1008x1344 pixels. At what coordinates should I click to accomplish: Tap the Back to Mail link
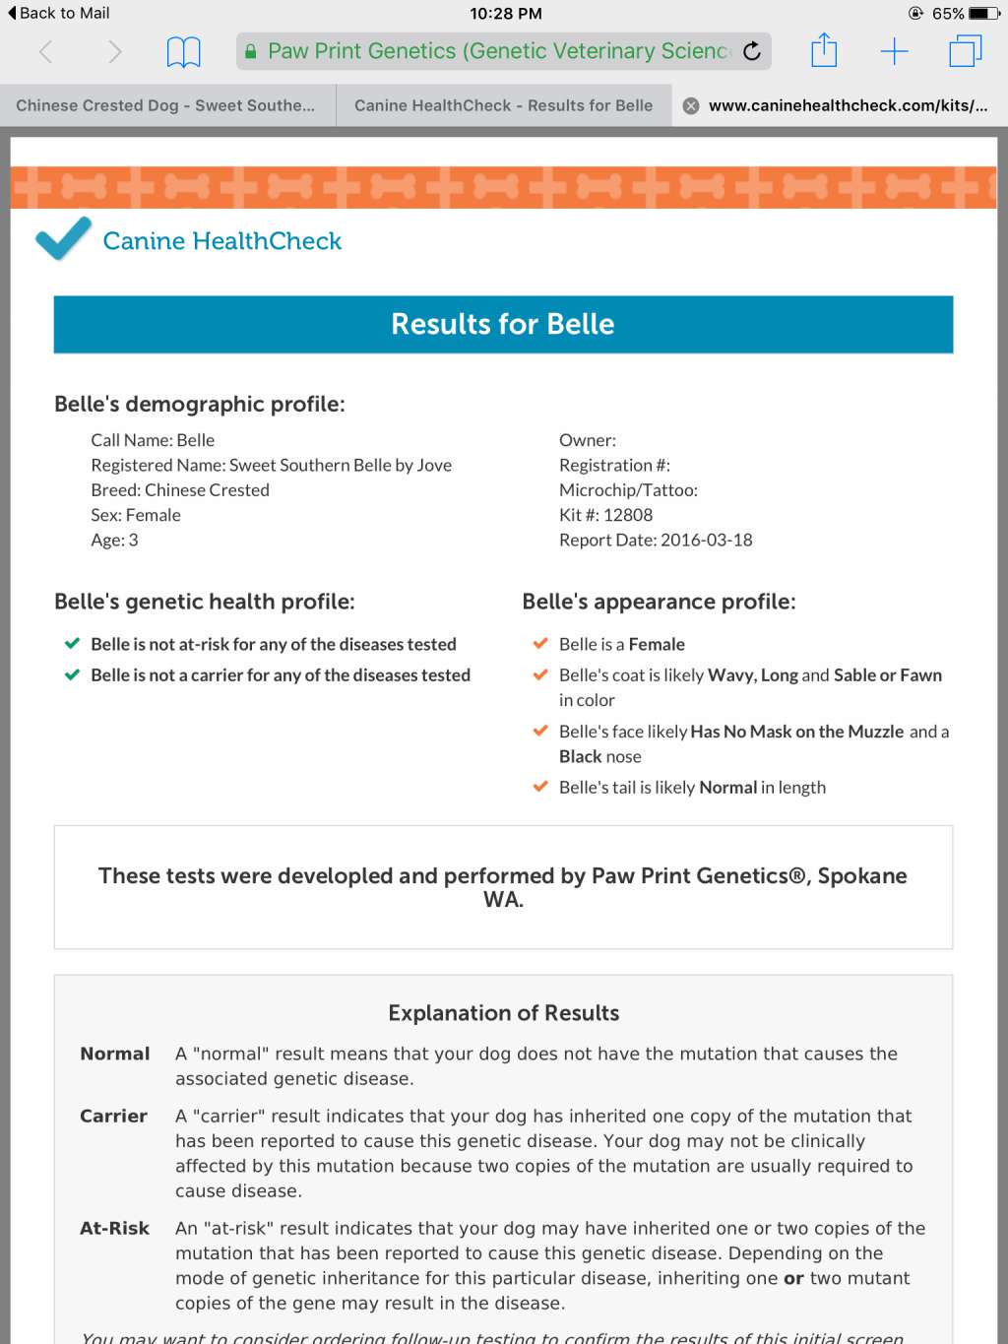[x=59, y=13]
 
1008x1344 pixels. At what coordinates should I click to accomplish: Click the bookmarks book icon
[x=183, y=51]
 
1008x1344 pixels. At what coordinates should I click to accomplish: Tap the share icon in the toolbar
[x=824, y=50]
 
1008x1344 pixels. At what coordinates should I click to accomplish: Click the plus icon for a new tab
[x=894, y=51]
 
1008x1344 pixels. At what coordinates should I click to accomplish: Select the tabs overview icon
[x=965, y=51]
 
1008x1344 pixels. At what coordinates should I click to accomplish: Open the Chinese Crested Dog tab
[x=165, y=105]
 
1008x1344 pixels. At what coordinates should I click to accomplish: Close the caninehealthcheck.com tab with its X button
[x=691, y=106]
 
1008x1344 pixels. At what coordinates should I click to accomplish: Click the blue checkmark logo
[x=63, y=238]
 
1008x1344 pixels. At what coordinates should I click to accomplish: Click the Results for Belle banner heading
[x=502, y=324]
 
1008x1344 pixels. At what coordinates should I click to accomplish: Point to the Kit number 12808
[x=627, y=515]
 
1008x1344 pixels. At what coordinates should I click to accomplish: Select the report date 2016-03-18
[x=706, y=540]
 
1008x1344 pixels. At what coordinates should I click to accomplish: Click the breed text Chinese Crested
[x=207, y=490]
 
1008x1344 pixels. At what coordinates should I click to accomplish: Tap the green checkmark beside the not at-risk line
[x=72, y=644]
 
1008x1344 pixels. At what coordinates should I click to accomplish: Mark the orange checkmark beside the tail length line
[x=539, y=787]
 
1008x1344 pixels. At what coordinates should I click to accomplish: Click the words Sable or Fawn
[x=887, y=675]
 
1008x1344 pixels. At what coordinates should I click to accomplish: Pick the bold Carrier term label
[x=113, y=1116]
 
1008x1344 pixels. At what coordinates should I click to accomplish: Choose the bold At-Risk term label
[x=114, y=1228]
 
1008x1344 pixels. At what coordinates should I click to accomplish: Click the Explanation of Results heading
[x=503, y=1013]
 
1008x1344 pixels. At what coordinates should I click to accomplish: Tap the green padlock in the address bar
[x=251, y=51]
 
